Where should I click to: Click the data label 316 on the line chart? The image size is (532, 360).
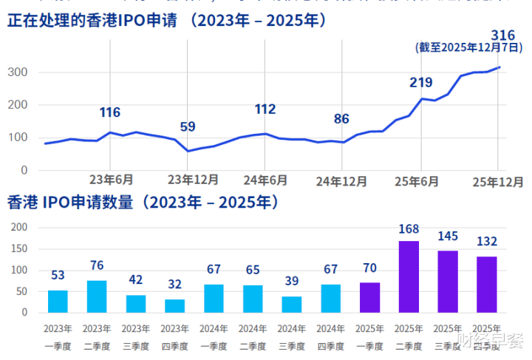[502, 35]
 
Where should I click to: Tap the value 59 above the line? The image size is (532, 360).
[188, 126]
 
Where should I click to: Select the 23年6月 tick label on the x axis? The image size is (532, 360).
[111, 180]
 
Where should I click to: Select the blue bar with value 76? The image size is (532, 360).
[97, 296]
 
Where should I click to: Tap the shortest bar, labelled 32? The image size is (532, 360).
[175, 305]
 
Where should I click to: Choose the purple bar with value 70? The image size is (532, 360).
[370, 297]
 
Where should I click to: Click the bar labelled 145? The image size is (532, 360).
[448, 281]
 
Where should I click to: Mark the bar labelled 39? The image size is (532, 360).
[292, 304]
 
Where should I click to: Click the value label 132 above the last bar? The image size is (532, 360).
[486, 241]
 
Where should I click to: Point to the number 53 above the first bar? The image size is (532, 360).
[58, 275]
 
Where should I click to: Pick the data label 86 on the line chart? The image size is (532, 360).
[341, 118]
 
